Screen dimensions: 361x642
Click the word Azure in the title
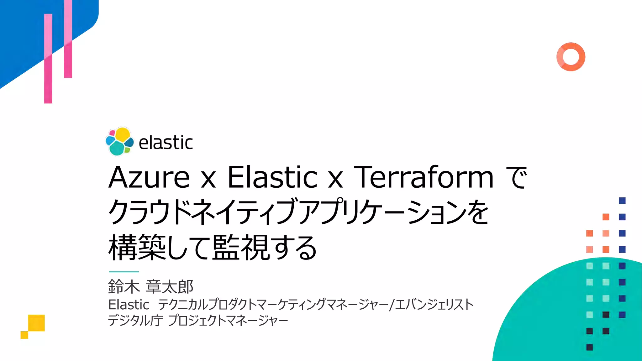tap(149, 177)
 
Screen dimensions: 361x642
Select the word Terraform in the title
tap(424, 177)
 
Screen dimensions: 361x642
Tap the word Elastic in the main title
tap(272, 177)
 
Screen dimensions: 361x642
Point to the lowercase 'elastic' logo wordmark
tap(166, 143)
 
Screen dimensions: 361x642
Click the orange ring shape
tap(571, 57)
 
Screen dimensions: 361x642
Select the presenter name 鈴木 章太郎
tap(150, 286)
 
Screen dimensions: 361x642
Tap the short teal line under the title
tap(124, 271)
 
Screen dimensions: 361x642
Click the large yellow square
tap(36, 323)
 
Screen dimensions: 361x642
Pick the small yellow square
tap(24, 335)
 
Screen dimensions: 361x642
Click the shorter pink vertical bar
tap(68, 39)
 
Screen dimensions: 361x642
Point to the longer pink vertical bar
tap(48, 59)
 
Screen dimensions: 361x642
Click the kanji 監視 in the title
tap(241, 248)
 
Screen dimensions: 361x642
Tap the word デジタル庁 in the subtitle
tap(135, 321)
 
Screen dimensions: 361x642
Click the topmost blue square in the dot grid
tap(622, 201)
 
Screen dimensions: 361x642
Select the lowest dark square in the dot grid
tap(589, 347)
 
